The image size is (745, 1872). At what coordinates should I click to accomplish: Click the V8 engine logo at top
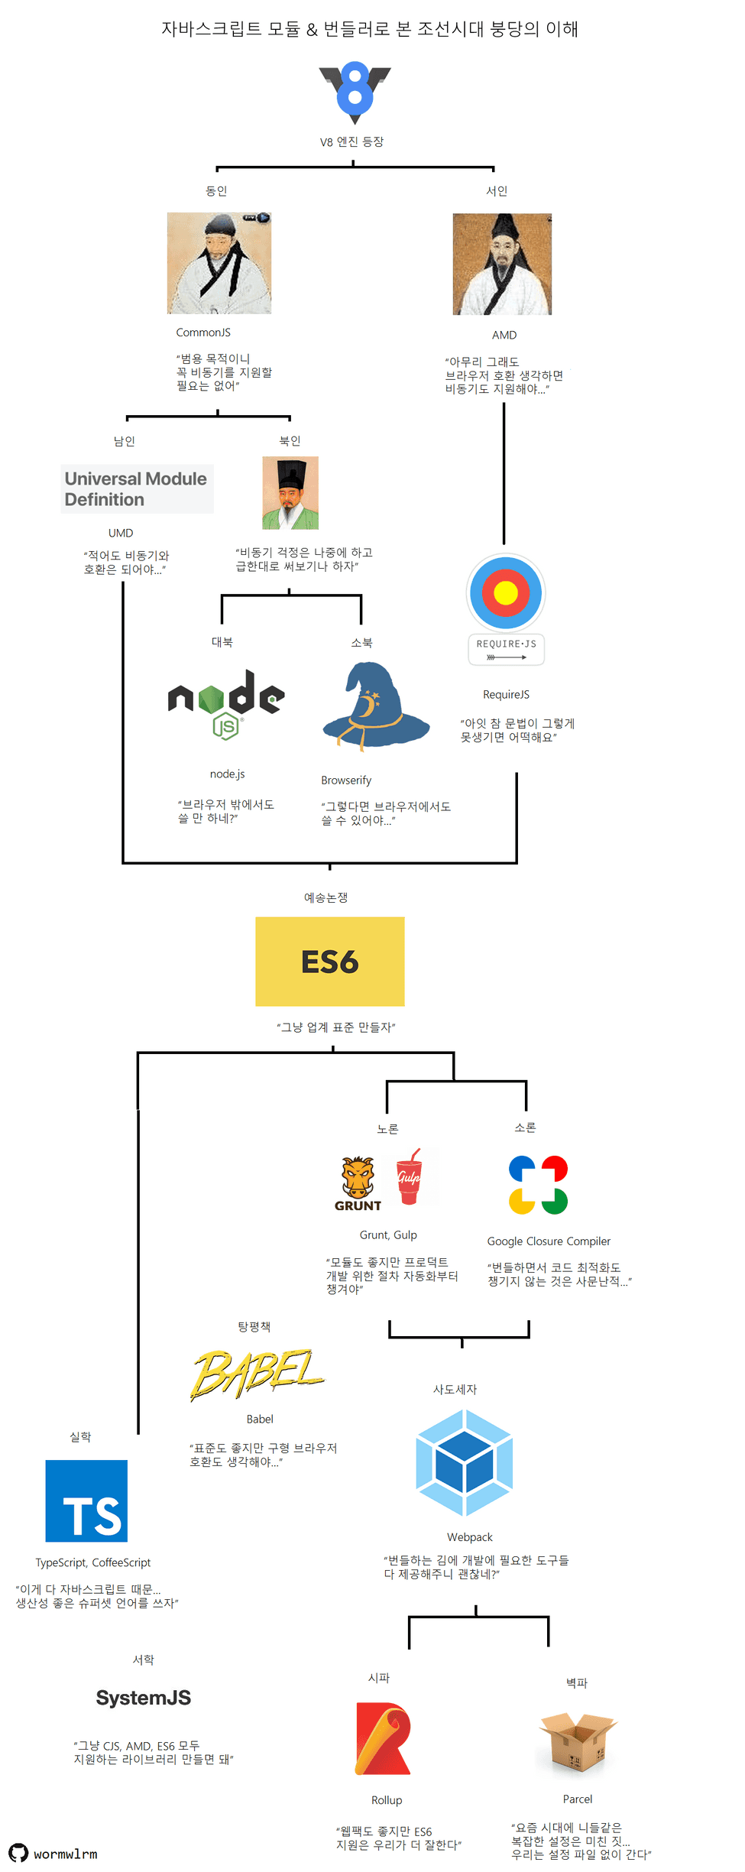click(x=355, y=92)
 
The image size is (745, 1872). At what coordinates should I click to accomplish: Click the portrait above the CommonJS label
click(x=219, y=263)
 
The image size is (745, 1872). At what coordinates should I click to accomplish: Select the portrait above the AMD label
click(x=502, y=264)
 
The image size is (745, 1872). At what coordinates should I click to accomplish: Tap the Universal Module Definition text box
click(x=137, y=489)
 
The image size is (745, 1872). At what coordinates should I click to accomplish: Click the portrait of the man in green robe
click(x=290, y=493)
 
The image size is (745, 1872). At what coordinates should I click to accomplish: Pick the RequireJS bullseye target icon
click(x=506, y=592)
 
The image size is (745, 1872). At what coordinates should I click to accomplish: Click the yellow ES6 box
click(x=329, y=962)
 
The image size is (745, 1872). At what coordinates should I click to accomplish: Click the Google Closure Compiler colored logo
click(x=538, y=1185)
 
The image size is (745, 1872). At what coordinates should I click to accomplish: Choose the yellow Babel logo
click(x=257, y=1374)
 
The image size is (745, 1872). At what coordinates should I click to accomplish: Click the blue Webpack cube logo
click(x=465, y=1462)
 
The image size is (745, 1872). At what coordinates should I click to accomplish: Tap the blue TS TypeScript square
click(x=86, y=1501)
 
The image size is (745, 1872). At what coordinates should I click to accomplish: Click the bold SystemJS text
click(x=144, y=1698)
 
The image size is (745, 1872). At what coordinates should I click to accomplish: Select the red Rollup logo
click(x=383, y=1738)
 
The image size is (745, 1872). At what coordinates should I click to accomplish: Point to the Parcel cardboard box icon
click(x=578, y=1742)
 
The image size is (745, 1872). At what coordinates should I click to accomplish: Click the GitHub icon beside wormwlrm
click(x=18, y=1853)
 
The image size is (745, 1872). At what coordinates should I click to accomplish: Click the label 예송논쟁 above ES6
click(x=326, y=897)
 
